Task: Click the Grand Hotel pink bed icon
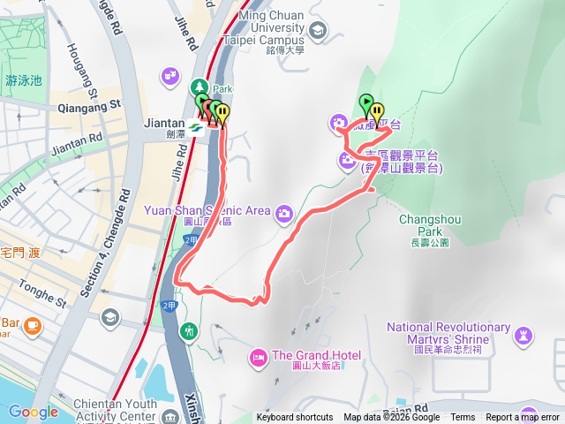pos(258,356)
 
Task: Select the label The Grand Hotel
pos(316,356)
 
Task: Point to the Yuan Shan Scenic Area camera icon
pos(284,212)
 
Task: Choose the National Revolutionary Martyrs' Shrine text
pos(448,335)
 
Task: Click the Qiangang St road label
pos(88,105)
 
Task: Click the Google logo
pos(33,412)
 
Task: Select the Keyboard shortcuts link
pos(295,418)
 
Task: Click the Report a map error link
pos(523,418)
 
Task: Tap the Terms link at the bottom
pos(463,418)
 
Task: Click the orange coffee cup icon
pos(33,327)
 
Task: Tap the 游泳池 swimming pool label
pos(23,80)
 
